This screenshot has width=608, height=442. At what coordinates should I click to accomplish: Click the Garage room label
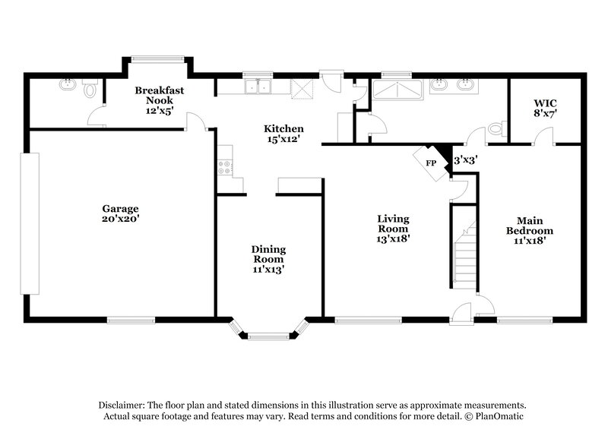(121, 208)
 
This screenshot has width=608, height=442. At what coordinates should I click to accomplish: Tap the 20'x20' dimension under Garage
(121, 218)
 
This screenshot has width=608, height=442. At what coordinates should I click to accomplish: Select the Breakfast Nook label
(160, 95)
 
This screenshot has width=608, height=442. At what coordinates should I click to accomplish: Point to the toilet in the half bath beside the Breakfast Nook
(91, 91)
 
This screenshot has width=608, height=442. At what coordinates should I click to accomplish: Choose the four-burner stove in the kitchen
(224, 166)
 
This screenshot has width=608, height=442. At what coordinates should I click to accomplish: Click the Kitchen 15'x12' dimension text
(283, 139)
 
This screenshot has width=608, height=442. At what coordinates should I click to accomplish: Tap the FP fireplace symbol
(430, 163)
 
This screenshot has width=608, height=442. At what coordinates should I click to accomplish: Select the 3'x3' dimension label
(465, 160)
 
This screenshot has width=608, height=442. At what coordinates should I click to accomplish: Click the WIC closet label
(545, 102)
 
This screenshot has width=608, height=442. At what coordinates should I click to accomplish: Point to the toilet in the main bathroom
(497, 130)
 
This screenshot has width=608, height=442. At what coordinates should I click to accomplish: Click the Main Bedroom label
(530, 226)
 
